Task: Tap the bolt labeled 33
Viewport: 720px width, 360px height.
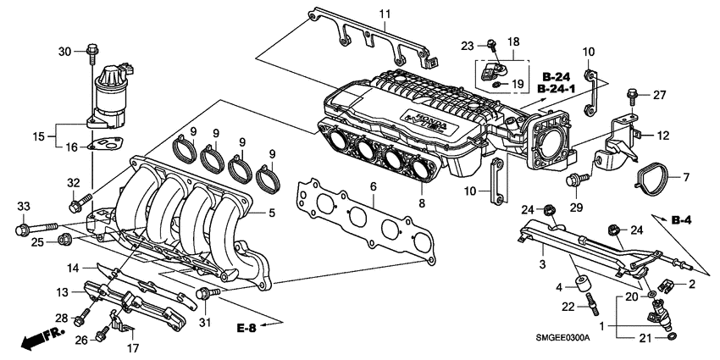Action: tap(36, 229)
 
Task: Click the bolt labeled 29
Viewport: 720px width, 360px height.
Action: tap(580, 180)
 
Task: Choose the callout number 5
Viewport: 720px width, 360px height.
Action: tap(272, 213)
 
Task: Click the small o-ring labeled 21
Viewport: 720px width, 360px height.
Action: tap(671, 339)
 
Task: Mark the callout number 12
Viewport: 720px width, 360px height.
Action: tap(662, 134)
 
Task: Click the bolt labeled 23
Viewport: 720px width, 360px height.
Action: tap(491, 43)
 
